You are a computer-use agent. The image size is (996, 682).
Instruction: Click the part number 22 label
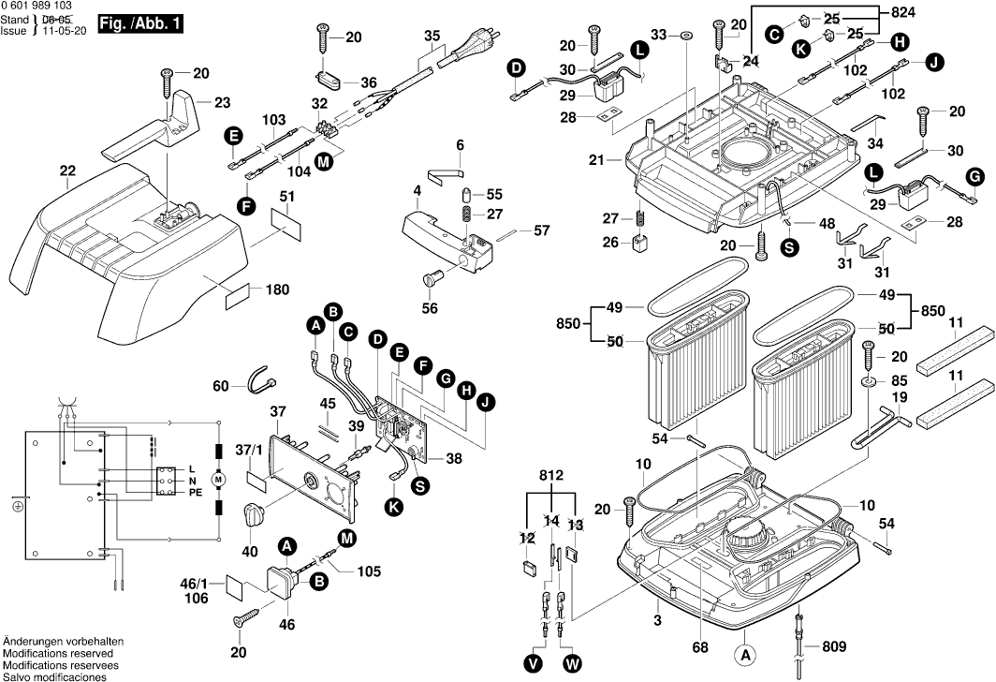67,170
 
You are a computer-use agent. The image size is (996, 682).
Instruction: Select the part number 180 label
276,290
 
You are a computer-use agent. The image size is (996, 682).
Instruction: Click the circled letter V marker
534,662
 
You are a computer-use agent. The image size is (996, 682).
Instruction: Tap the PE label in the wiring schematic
196,492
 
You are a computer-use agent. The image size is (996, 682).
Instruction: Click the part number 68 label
696,646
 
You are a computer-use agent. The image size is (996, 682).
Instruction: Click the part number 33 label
660,35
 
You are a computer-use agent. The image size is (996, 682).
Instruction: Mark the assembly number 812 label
552,476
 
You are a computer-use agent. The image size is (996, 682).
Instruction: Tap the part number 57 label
541,230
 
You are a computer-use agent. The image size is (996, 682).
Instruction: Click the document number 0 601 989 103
37,6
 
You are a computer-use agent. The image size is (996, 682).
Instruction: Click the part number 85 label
899,381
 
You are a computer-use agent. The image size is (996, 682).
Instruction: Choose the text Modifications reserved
57,653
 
